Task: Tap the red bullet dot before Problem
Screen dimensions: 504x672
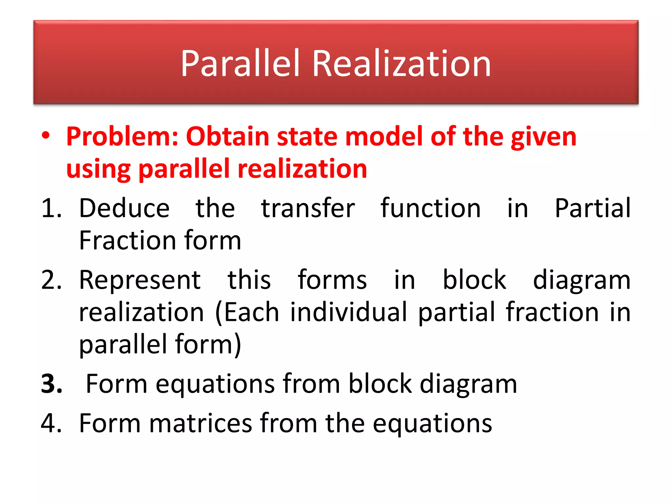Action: (x=46, y=136)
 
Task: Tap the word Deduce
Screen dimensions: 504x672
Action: (x=124, y=208)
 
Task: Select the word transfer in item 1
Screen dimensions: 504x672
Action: (x=308, y=208)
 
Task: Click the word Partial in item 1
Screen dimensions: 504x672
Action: (x=592, y=208)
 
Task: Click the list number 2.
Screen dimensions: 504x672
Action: (x=52, y=280)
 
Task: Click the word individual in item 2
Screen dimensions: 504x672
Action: (x=348, y=312)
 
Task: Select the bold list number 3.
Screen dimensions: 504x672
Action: (x=52, y=384)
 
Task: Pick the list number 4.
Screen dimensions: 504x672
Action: (x=52, y=423)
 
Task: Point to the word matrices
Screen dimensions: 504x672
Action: (x=200, y=423)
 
